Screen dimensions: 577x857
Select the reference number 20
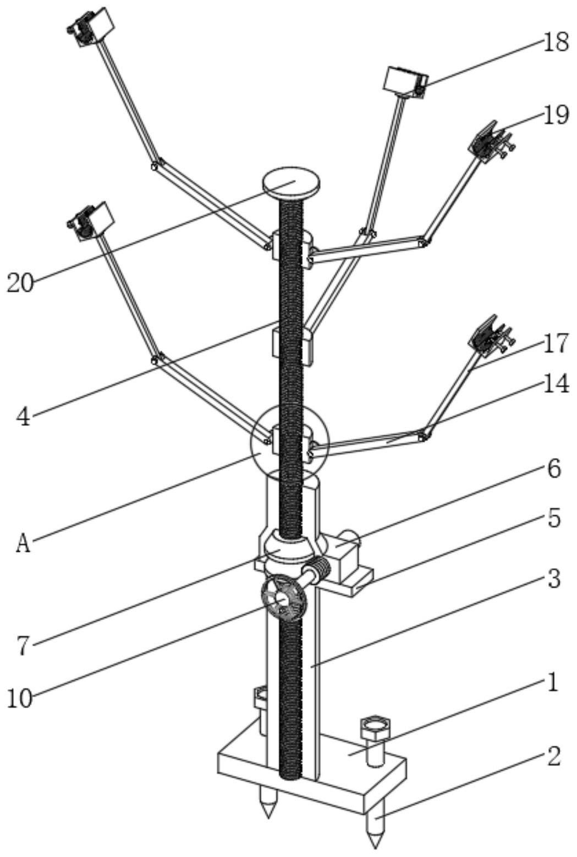click(20, 283)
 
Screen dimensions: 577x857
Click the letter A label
click(23, 543)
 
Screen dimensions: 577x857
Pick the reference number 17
click(555, 344)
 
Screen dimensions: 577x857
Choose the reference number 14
click(555, 385)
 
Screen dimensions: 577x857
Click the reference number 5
click(554, 518)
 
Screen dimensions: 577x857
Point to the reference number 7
click(23, 646)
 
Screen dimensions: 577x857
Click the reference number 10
click(20, 698)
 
